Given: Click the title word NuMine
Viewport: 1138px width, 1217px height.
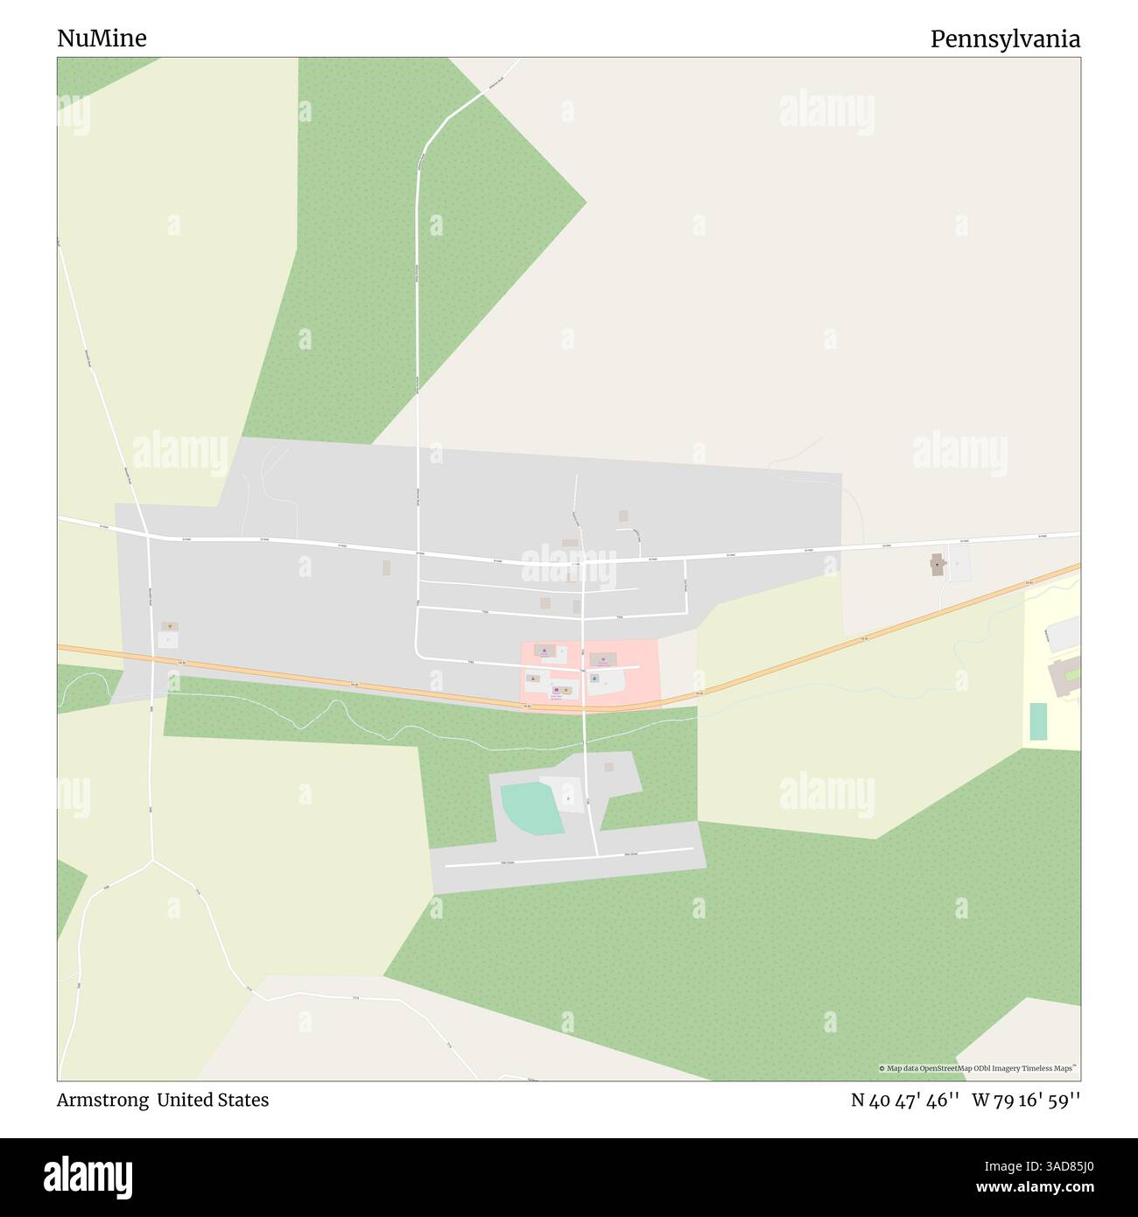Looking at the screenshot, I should point(102,39).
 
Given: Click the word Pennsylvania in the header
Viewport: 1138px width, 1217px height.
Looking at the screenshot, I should point(1005,39).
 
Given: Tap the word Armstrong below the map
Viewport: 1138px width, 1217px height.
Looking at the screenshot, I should point(102,1100).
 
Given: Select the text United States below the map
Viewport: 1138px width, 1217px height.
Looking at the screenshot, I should point(213,1100).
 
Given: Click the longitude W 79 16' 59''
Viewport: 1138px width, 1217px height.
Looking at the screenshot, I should point(1026,1100).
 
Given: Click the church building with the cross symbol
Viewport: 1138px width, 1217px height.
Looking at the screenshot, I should point(938,565).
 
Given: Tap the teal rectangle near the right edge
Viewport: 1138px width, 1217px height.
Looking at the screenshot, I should point(1037,721).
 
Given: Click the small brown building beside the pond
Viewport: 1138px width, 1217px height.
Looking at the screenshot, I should point(609,767).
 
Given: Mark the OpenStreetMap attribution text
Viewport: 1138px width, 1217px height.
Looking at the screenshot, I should point(977,1068).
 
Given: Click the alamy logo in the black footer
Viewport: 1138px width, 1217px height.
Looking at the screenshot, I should point(88,1177).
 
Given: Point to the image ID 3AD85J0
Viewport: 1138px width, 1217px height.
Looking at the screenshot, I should point(1050,1165).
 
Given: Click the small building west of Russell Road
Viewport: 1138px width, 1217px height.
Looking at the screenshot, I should point(169,627).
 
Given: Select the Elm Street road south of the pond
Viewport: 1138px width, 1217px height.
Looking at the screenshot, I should point(569,858).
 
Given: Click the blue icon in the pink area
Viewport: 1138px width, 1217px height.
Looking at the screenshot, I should point(594,679).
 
